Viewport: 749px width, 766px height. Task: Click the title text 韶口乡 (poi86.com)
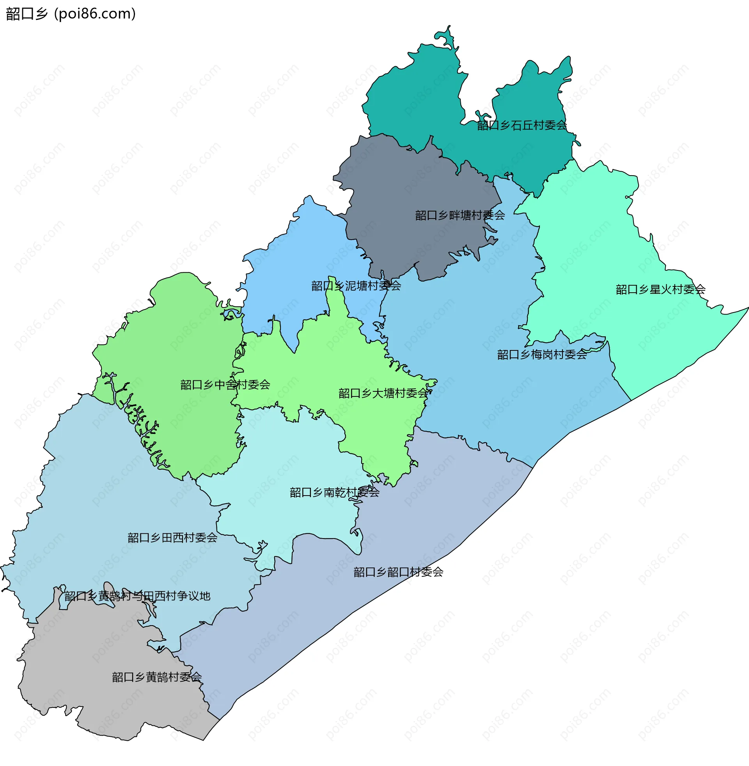coord(71,14)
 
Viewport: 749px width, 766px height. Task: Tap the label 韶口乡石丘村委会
coord(522,126)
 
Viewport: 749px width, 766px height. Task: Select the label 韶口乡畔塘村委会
coord(460,215)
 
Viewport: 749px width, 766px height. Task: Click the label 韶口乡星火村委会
coord(660,290)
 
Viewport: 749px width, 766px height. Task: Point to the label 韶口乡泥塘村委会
coord(356,286)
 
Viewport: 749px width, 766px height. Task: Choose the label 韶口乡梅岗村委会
coord(542,355)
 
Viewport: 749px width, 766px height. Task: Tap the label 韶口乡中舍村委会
coord(225,385)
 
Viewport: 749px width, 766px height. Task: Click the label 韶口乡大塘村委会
coord(383,393)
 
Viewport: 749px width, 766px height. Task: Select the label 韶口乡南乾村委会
coord(334,492)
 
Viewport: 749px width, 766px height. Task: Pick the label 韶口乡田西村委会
coord(172,538)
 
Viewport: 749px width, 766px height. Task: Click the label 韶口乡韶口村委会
coord(398,572)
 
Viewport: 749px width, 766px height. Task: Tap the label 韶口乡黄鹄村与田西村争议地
coord(137,596)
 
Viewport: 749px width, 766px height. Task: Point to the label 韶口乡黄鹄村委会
coord(156,677)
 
